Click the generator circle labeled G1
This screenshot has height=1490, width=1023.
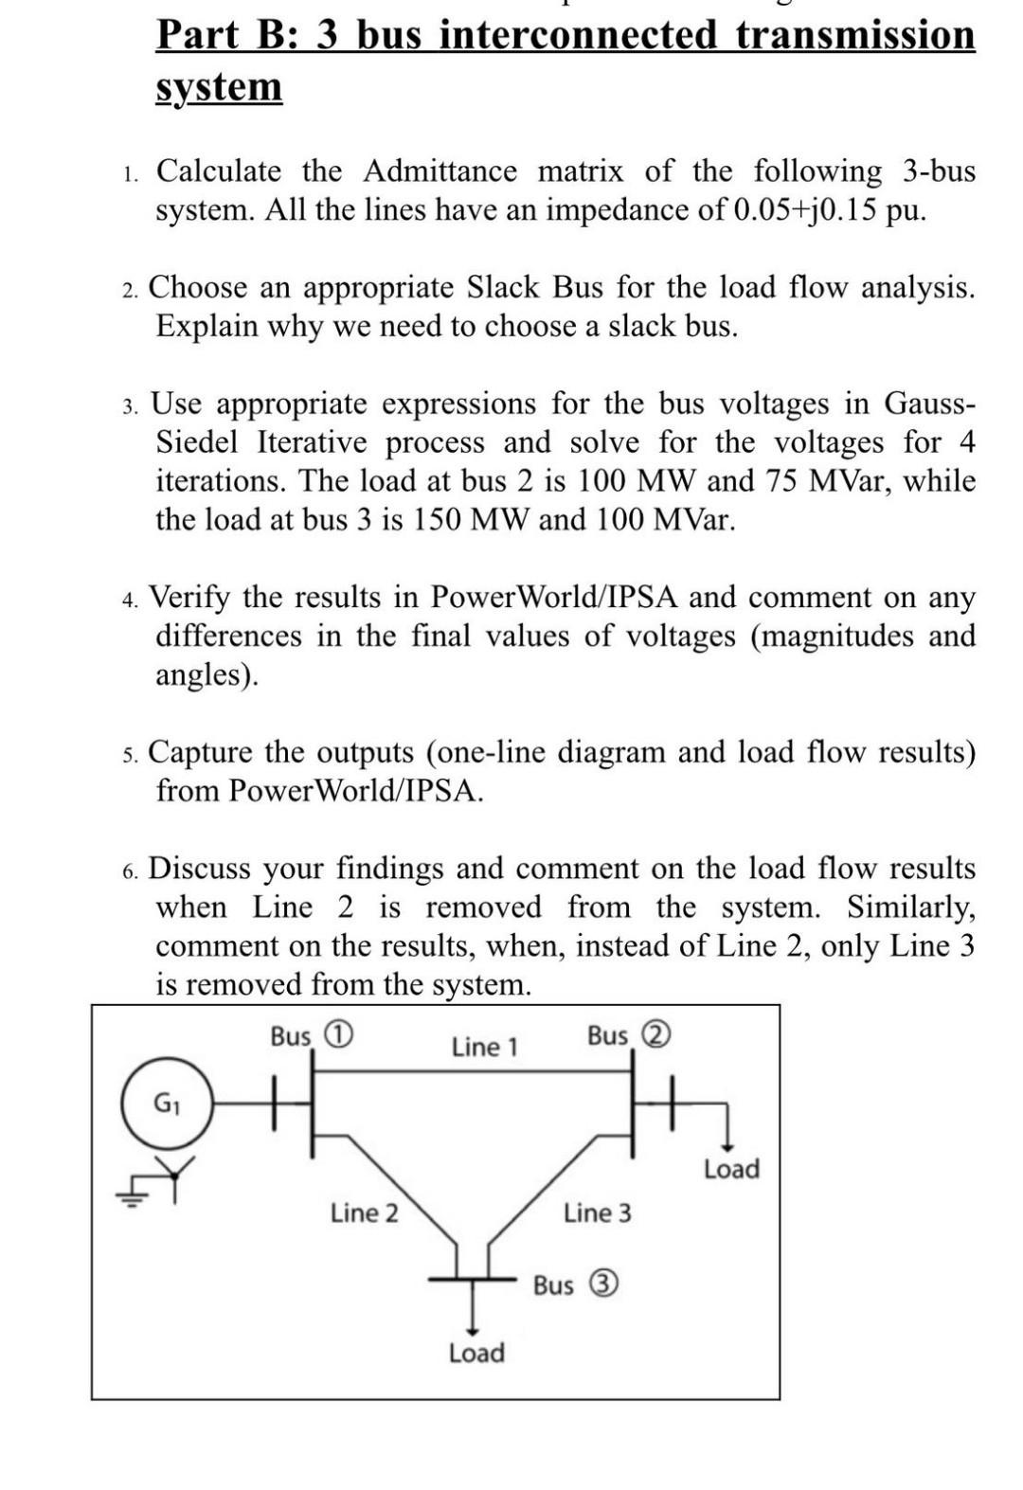[167, 1104]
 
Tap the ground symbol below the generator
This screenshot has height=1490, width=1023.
[133, 1195]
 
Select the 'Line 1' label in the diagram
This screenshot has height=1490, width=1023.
[484, 1047]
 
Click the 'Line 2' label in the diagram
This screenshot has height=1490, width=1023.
[364, 1212]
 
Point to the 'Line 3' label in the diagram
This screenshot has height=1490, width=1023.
[597, 1212]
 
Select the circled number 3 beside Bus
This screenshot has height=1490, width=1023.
[604, 1284]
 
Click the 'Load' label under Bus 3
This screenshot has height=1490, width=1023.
[476, 1353]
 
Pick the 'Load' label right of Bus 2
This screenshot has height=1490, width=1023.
[731, 1169]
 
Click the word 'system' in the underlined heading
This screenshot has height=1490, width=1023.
[219, 87]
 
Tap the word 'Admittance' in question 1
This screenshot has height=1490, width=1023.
[440, 171]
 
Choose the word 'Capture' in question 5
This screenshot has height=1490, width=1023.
[201, 752]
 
